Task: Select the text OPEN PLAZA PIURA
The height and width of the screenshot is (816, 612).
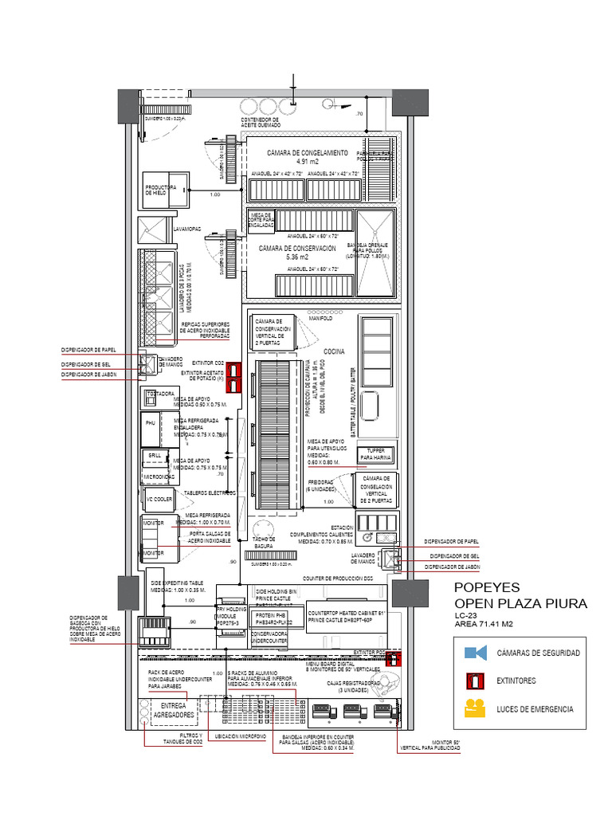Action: click(x=520, y=603)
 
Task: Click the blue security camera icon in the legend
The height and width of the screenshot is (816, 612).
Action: click(x=476, y=653)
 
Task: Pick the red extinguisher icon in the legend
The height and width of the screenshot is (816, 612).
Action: click(x=476, y=681)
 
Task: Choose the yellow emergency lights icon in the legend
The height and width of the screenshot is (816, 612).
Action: click(x=476, y=708)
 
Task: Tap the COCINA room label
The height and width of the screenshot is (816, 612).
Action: click(x=334, y=351)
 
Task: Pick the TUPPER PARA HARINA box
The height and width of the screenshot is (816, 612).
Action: click(x=375, y=454)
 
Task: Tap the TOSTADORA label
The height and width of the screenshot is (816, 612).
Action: click(x=159, y=394)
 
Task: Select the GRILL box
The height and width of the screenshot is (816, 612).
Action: click(x=154, y=456)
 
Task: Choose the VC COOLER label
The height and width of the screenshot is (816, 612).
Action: click(x=159, y=500)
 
